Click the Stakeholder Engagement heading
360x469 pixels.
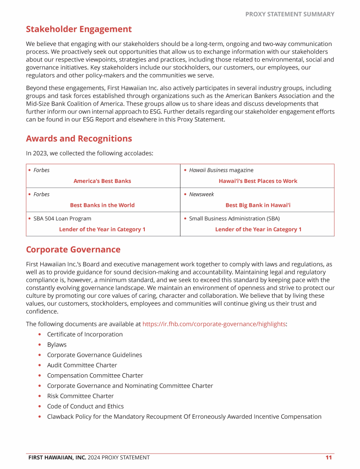click(79, 29)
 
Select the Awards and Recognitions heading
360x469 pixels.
click(79, 138)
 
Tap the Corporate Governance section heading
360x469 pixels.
click(73, 250)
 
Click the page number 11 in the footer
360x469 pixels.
click(329, 457)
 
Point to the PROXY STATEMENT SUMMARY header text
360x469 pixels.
click(290, 14)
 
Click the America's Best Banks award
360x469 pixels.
click(102, 181)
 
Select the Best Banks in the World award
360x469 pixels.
click(102, 205)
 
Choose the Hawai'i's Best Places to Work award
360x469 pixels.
click(258, 181)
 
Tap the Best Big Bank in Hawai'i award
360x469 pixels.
click(258, 205)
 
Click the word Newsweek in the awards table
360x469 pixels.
click(201, 194)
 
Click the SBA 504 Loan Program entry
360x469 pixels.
click(62, 219)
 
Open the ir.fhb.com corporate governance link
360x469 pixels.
click(214, 324)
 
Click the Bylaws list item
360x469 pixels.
click(57, 345)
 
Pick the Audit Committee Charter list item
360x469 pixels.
click(82, 365)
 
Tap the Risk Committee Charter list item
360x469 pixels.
click(80, 396)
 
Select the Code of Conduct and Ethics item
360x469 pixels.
click(85, 406)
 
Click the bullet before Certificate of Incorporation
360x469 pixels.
click(40, 334)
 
